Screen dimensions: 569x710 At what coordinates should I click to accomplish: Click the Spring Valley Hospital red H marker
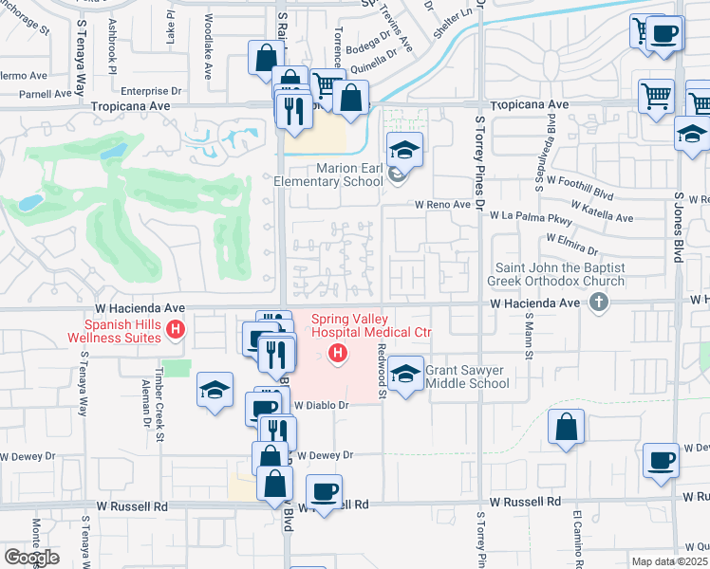336,355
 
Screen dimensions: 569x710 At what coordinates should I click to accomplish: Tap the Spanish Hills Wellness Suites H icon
175,330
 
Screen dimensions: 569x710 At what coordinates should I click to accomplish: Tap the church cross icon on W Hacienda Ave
598,303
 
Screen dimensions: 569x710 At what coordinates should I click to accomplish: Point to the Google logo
31,557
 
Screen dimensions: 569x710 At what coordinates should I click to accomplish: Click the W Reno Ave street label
441,204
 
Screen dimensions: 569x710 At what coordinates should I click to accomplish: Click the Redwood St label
382,370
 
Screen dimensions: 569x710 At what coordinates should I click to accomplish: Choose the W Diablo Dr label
322,405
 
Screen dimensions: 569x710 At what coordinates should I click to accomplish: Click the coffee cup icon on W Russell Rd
325,491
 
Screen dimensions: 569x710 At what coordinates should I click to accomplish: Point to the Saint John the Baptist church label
556,275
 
